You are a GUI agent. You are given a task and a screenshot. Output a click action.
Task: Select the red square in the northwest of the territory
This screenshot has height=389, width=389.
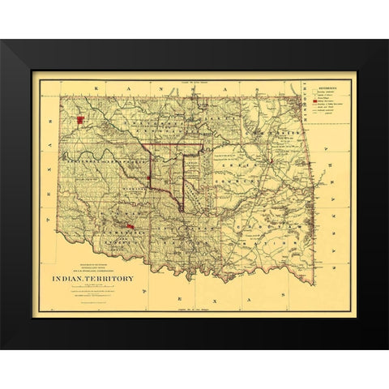pyautogui.click(x=81, y=121)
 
